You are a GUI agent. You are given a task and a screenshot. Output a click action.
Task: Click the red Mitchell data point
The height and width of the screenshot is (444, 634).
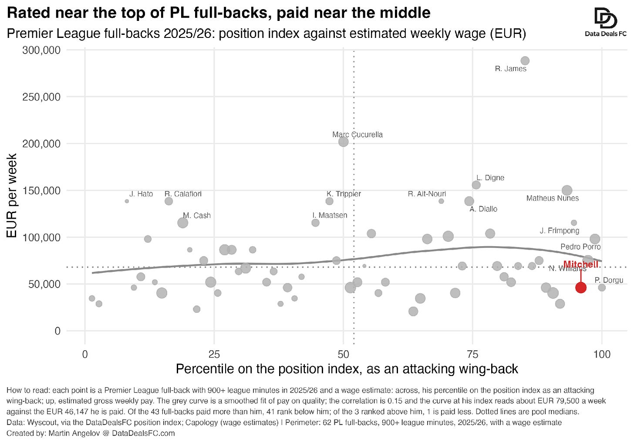[581, 288]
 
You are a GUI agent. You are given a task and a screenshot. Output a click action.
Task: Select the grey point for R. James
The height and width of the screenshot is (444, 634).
[525, 61]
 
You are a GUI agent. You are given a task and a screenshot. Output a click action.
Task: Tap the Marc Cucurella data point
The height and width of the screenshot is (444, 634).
[343, 142]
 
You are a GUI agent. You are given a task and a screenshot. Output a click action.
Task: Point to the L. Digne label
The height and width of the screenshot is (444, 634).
[490, 178]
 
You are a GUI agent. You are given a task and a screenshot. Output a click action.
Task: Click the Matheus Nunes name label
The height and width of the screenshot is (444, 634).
[553, 198]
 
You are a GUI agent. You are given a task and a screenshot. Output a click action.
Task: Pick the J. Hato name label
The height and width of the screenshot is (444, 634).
[141, 194]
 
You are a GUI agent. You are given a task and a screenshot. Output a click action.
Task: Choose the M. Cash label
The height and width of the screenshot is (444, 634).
[197, 216]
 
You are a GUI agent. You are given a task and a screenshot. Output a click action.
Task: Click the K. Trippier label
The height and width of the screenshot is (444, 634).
[344, 194]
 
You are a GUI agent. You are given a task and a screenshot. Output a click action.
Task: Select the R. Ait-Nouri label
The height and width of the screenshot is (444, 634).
[427, 194]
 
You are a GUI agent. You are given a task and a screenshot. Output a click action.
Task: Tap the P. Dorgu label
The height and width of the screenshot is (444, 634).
[609, 280]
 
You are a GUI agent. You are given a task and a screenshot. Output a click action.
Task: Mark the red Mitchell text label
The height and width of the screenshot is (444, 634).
[581, 264]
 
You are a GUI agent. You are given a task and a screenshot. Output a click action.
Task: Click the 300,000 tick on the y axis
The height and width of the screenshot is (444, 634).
[41, 50]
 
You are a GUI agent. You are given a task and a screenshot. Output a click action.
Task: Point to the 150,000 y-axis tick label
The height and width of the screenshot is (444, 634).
[41, 190]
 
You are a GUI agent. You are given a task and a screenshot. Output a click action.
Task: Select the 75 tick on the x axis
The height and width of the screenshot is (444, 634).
[472, 354]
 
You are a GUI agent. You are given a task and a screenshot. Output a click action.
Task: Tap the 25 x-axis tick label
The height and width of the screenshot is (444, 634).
[214, 354]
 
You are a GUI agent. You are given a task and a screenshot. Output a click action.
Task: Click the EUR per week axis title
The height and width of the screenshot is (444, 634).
[12, 196]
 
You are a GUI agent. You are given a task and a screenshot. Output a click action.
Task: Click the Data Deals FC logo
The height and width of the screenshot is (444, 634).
[606, 22]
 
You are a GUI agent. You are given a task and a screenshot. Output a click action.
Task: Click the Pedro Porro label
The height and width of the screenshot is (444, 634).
[580, 247]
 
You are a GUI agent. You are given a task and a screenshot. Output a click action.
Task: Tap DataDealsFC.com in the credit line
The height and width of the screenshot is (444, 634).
[143, 433]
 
